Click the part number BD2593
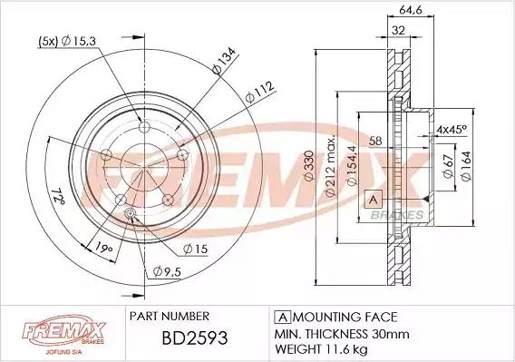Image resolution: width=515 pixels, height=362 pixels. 195,338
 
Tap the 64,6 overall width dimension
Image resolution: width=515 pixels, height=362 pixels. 411,10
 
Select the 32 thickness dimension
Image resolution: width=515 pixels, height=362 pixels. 398,30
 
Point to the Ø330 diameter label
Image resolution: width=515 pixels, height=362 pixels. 309,166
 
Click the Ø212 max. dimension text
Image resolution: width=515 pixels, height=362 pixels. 331,165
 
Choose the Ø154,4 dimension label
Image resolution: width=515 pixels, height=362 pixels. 352,166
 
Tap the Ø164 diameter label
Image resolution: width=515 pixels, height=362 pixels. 466,166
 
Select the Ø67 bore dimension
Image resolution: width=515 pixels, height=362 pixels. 448,166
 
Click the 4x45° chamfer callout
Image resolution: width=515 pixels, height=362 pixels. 452,129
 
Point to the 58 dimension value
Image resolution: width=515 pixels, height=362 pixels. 375,141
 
